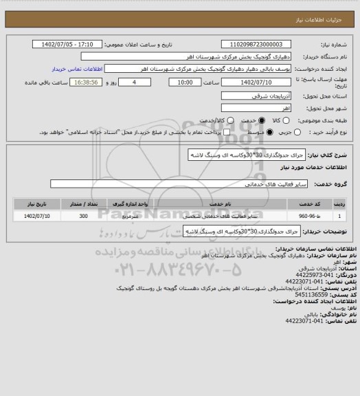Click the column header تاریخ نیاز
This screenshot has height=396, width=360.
tap(36, 204)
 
